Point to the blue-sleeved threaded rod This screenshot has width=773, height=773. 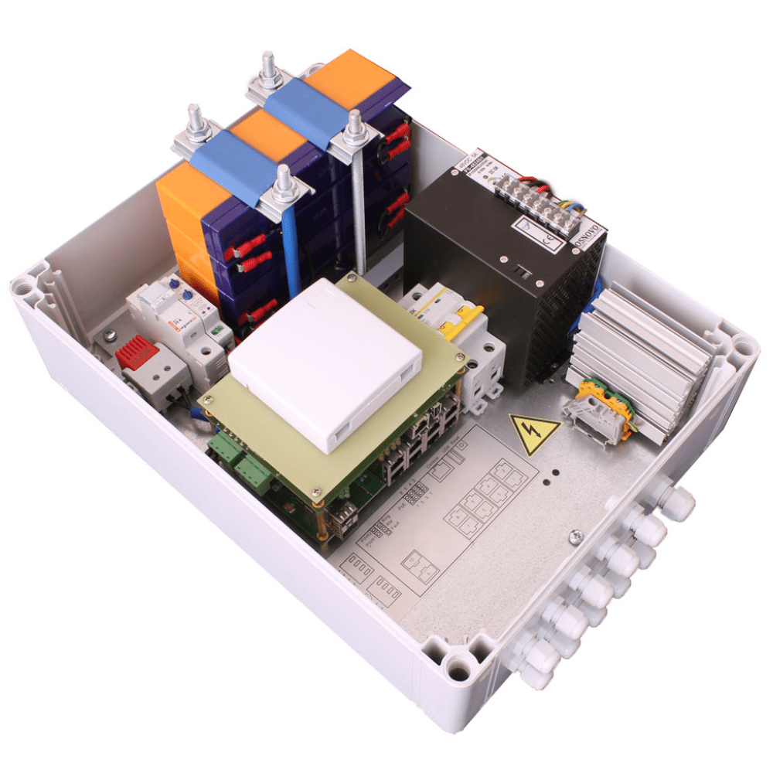pos(291,247)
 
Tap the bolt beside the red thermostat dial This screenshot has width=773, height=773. pos(110,334)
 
